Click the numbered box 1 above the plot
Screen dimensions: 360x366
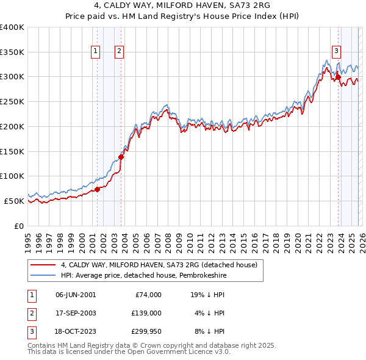(x=96, y=52)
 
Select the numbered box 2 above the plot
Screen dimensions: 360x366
(x=120, y=52)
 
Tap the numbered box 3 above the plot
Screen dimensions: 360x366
(x=337, y=52)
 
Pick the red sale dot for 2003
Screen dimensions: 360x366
(x=121, y=157)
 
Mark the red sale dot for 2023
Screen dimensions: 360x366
(x=338, y=77)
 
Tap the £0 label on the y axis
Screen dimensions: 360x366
(x=18, y=226)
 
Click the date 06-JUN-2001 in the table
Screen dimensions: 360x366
(x=76, y=295)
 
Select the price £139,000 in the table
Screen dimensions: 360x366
(x=146, y=313)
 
